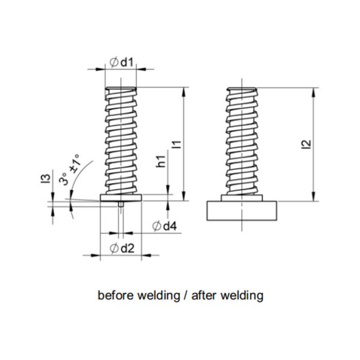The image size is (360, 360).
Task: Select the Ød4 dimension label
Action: coord(164,226)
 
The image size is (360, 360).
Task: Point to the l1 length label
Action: coord(175,144)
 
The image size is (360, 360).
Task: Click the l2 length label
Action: coord(306,144)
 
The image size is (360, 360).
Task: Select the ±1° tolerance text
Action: coord(74,163)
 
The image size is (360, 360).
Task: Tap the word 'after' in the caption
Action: coord(202,295)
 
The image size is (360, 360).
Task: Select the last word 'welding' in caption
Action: coord(243,295)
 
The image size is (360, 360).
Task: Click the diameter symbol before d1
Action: coord(113,62)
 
